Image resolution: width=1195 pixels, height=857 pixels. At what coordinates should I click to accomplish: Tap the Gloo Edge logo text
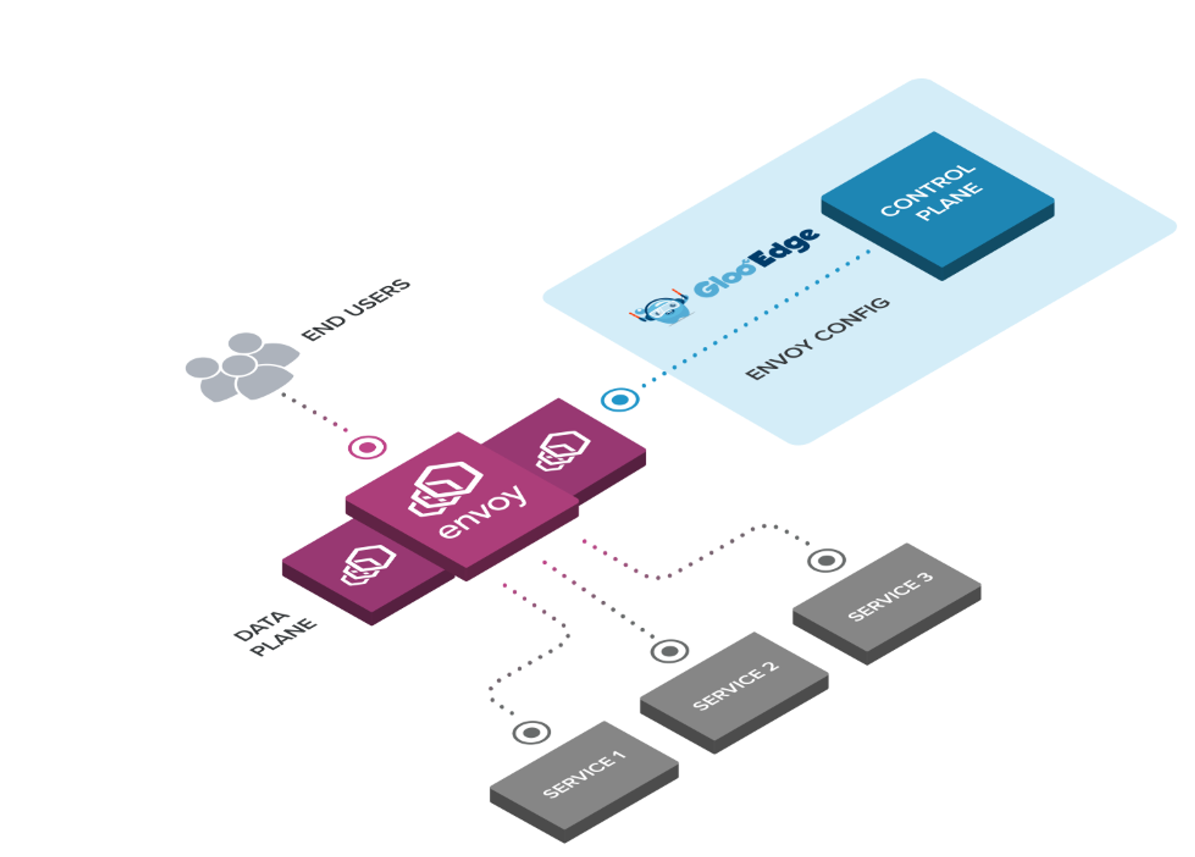756,262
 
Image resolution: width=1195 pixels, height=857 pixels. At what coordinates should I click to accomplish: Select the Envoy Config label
817,338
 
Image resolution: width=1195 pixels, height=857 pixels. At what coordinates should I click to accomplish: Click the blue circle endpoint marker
620,399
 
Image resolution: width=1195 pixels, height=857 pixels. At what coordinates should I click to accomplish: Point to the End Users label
356,310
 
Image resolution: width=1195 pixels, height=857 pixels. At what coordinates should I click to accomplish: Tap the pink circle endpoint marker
367,447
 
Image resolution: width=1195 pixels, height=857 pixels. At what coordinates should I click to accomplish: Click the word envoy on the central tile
483,512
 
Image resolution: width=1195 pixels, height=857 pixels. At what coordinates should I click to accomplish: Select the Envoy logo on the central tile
446,488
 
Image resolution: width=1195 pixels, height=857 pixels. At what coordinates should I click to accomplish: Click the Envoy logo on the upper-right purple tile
562,450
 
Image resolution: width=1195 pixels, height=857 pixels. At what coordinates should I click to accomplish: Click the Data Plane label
274,633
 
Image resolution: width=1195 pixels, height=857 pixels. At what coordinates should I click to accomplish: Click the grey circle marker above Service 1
531,732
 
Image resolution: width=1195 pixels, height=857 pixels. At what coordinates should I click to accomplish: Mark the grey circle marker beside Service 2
669,651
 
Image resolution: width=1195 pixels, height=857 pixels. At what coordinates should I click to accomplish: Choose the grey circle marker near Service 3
826,561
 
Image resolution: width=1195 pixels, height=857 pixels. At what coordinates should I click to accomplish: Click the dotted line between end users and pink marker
315,412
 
